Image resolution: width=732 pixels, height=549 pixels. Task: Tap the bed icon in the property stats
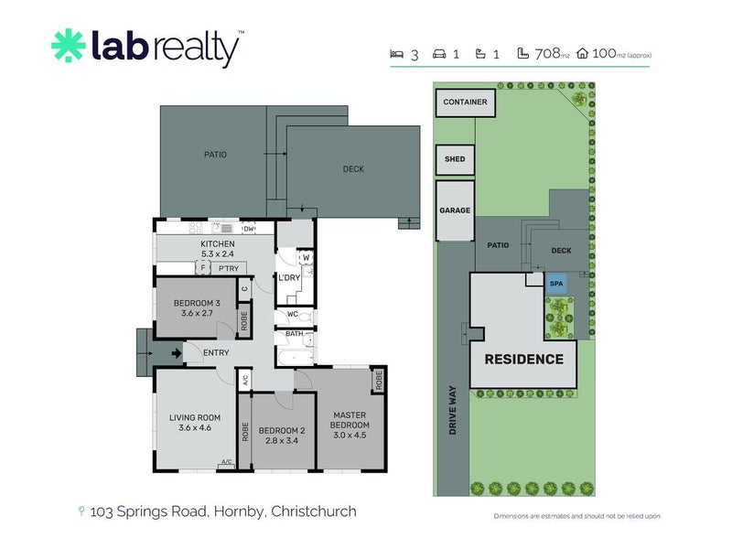(x=396, y=55)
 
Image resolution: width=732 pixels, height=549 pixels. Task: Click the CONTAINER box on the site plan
(x=465, y=102)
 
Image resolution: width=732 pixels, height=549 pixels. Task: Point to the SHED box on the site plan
(x=455, y=159)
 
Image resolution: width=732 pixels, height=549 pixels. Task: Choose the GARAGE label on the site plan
(x=455, y=210)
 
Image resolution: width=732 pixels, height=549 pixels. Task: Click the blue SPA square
(x=556, y=284)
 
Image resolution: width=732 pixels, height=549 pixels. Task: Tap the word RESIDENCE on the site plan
(x=523, y=359)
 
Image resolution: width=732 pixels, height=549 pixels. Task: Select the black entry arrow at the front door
(x=174, y=352)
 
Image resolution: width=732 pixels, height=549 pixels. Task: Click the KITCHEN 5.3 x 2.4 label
(x=218, y=249)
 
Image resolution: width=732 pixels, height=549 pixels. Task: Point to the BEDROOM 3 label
(x=197, y=303)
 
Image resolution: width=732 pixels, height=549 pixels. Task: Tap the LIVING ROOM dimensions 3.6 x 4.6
(x=195, y=428)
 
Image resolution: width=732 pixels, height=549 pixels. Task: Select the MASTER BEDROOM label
(x=350, y=420)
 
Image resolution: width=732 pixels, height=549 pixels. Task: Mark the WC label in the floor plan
(x=292, y=315)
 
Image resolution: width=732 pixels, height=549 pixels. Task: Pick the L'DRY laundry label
(x=290, y=277)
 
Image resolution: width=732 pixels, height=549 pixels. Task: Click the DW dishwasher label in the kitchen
(x=248, y=229)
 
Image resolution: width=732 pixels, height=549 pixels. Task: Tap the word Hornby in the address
(x=240, y=511)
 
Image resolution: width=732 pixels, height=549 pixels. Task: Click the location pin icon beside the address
(x=82, y=511)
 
